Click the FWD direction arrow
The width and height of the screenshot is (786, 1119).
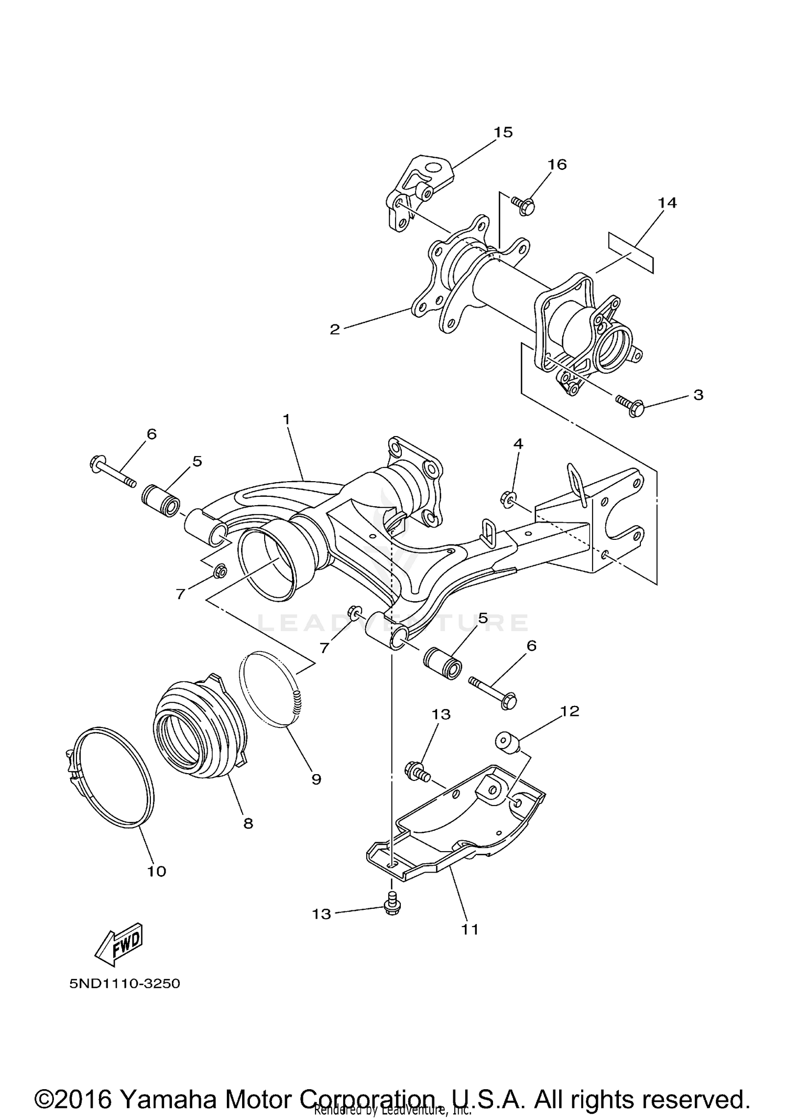(118, 943)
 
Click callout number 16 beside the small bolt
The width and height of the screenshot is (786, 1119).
(557, 165)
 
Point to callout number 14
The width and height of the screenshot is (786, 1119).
(667, 202)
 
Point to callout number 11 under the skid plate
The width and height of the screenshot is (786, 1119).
(470, 929)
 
